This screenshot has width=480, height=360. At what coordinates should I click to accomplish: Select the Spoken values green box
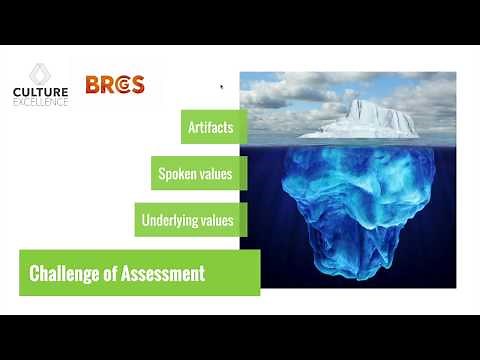[x=195, y=174]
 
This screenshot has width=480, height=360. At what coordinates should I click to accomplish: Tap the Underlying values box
[x=190, y=220]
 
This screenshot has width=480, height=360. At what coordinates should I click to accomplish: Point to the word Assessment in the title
[x=166, y=273]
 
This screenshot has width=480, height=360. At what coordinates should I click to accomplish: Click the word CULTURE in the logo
[x=40, y=93]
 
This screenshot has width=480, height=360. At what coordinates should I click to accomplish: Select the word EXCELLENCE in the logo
[x=40, y=103]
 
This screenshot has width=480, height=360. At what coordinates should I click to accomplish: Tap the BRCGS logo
[x=114, y=84]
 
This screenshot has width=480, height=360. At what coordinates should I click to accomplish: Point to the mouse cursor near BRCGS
[x=221, y=87]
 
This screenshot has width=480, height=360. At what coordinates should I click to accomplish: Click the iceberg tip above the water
[x=362, y=121]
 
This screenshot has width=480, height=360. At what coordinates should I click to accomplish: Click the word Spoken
[x=178, y=174]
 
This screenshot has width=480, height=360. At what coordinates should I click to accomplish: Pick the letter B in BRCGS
[x=92, y=84]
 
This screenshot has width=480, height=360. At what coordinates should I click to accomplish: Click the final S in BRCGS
[x=138, y=84]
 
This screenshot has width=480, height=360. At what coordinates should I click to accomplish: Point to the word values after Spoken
[x=216, y=174]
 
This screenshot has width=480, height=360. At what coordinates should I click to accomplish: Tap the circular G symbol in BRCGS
[x=123, y=84]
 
